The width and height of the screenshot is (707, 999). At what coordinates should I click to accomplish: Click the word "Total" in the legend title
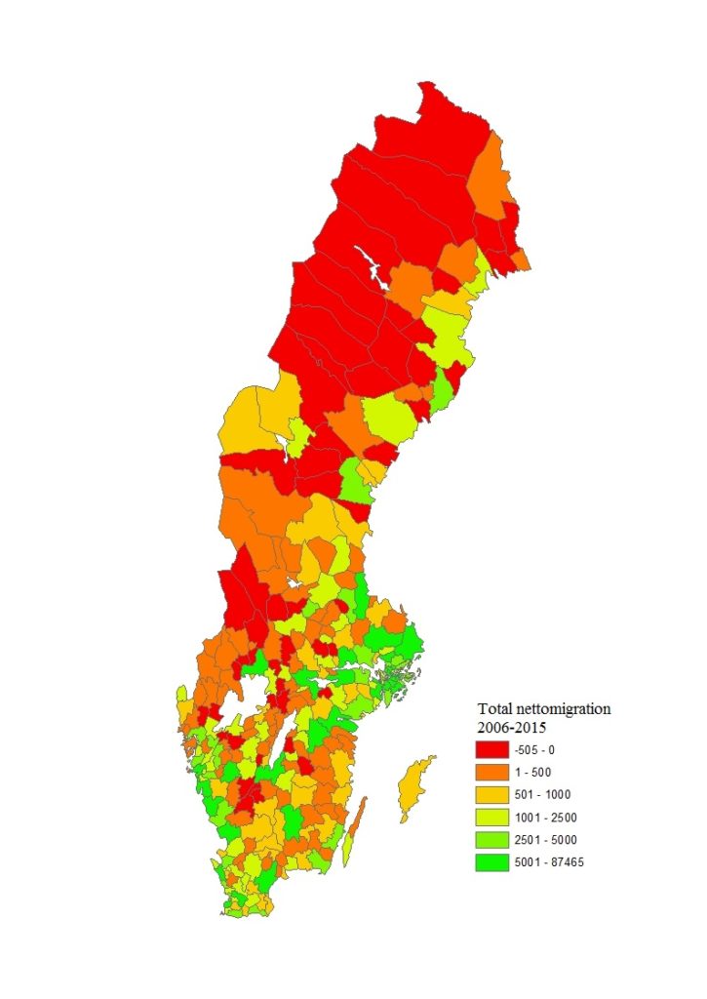tap(494, 709)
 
